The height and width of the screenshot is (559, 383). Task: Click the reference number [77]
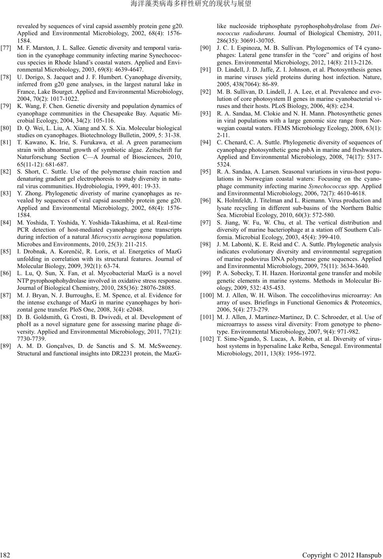6,48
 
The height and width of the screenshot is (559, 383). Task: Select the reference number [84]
6,223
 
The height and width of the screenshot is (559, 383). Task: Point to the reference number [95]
206,172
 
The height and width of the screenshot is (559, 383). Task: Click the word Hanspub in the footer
368,555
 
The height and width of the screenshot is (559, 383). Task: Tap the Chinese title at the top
191,4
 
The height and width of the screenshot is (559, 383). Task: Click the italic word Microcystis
106,237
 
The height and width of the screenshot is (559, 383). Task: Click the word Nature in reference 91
373,77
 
